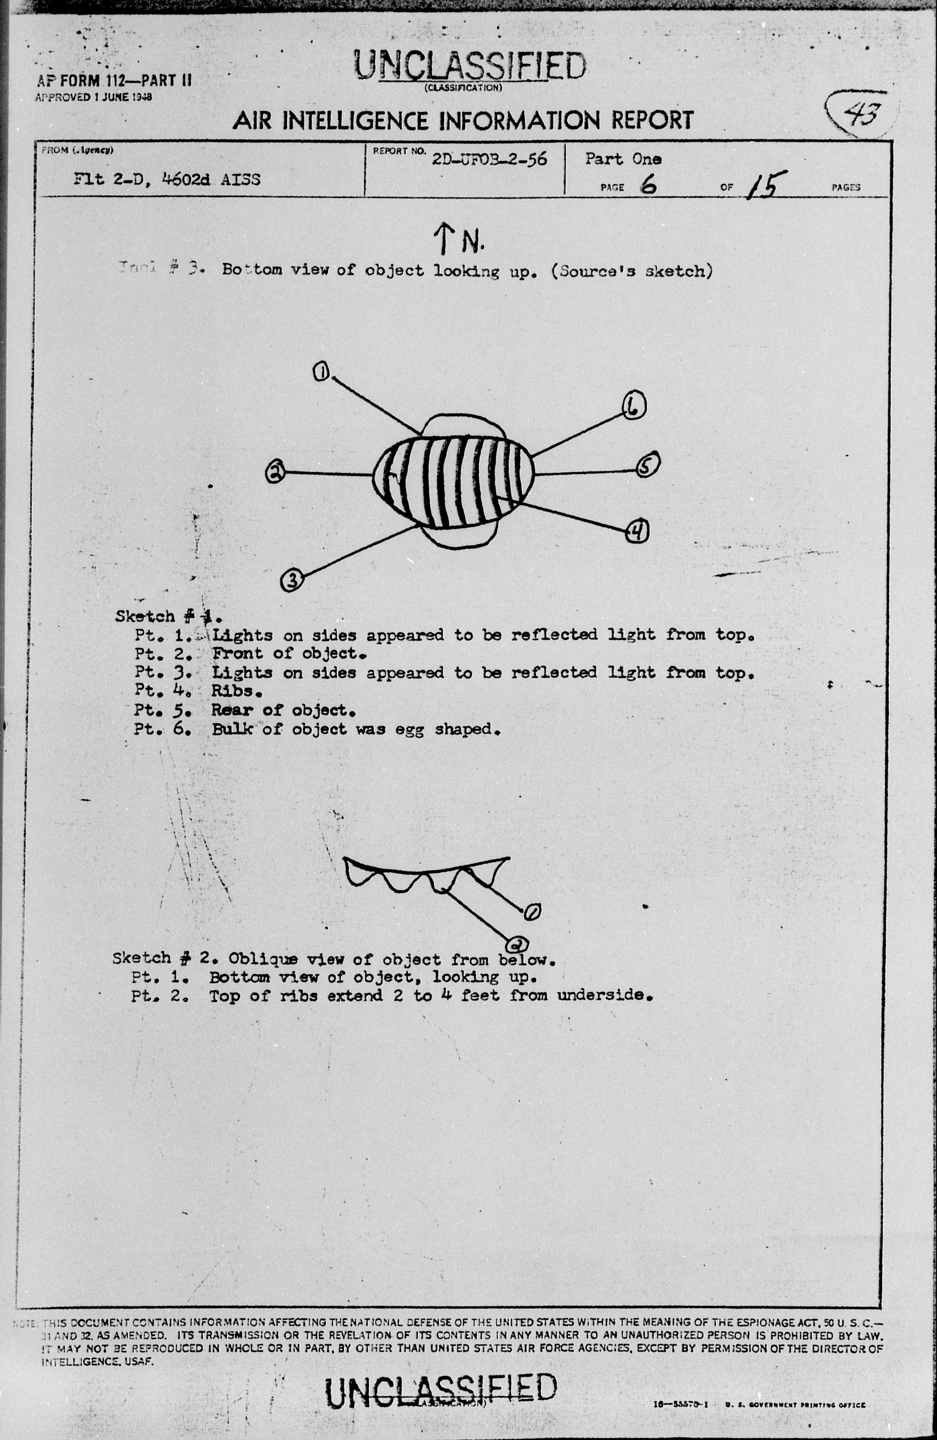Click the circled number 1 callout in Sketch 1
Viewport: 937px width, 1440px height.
[321, 371]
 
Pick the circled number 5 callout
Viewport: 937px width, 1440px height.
[647, 465]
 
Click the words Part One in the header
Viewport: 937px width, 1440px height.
[623, 159]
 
